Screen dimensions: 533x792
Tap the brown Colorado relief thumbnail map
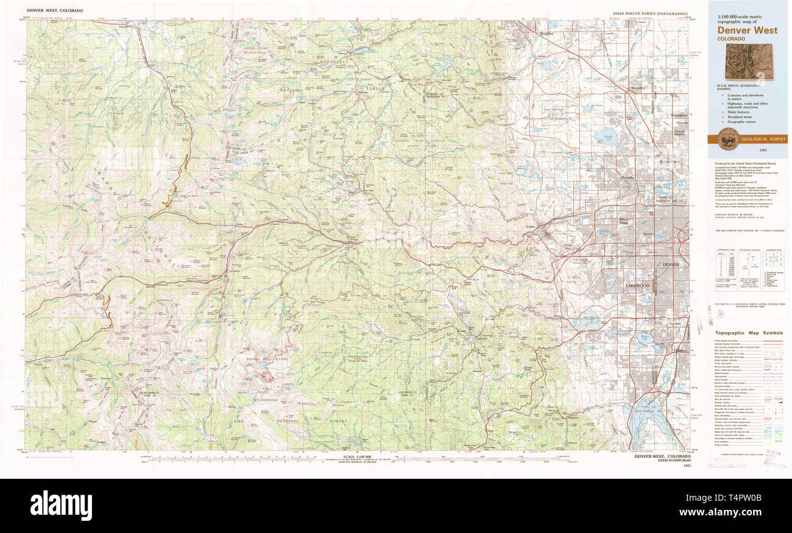pos(749,61)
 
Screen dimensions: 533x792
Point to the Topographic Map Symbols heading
pos(749,333)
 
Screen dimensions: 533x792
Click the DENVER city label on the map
pos(670,264)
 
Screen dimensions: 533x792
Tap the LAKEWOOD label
pos(637,285)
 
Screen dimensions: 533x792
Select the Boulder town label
pos(546,34)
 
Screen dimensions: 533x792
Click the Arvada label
pos(628,177)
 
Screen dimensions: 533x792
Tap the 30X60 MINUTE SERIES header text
pos(650,13)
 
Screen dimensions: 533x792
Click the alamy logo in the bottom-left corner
pos(61,506)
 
